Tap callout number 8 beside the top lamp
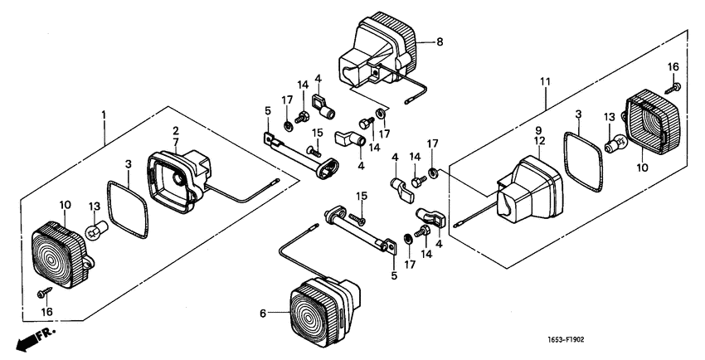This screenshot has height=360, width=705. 440,41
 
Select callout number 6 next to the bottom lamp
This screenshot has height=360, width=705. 263,314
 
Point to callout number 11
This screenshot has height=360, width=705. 545,81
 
